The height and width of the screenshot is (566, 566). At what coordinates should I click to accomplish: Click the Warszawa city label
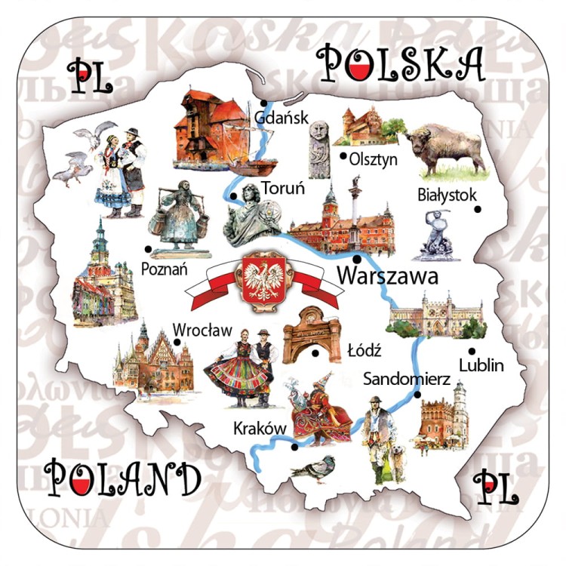pyautogui.click(x=387, y=276)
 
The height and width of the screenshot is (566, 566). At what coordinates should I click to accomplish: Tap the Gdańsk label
pyautogui.click(x=281, y=118)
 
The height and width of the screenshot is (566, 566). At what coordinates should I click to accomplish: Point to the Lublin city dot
pyautogui.click(x=472, y=351)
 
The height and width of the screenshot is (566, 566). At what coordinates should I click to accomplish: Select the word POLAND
pyautogui.click(x=122, y=478)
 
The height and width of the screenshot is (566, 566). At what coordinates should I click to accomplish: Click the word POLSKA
pyautogui.click(x=400, y=63)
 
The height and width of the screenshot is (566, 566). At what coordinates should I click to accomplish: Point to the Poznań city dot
pyautogui.click(x=149, y=248)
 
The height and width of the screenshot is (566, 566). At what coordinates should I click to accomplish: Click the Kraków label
pyautogui.click(x=258, y=429)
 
